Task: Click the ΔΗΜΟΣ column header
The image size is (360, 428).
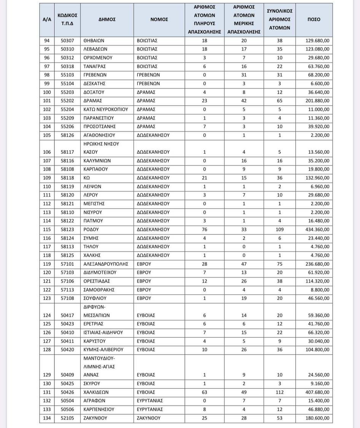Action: [x=107, y=19]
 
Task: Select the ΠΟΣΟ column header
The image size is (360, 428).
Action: [x=314, y=19]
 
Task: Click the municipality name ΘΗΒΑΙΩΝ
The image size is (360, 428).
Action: [x=94, y=40]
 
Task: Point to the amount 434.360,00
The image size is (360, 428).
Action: [x=318, y=230]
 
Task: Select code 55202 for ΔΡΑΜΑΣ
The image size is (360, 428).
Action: [x=67, y=101]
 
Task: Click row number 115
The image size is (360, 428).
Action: [x=47, y=230]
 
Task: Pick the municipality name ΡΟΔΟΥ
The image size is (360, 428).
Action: [x=91, y=230]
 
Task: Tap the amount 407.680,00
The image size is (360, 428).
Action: [x=318, y=392]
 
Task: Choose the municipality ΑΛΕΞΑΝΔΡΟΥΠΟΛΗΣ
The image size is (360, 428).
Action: [x=106, y=264]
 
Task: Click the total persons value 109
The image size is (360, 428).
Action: [x=280, y=230]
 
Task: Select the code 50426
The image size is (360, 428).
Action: [x=67, y=392]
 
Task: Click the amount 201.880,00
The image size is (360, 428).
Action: [x=318, y=101]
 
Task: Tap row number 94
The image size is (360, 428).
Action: [x=47, y=40]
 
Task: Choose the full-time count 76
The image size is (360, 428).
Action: [x=204, y=230]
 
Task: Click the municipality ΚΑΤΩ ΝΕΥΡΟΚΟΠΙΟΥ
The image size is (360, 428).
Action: [x=106, y=109]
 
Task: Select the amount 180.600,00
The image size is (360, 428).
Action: [x=318, y=418]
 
